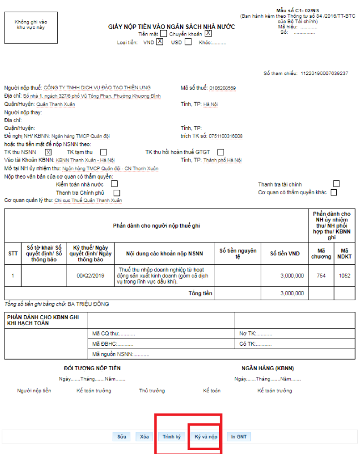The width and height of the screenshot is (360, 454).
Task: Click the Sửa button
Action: pos(121,437)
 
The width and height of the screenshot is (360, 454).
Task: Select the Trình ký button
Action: pos(171,437)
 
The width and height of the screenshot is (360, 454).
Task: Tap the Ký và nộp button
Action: pos(205,437)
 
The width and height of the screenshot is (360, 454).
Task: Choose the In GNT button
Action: pos(239,437)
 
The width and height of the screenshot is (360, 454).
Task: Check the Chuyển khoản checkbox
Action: pos(209,33)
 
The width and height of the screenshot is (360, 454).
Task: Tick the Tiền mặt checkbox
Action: pos(163,33)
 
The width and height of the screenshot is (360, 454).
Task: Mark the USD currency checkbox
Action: pos(188,42)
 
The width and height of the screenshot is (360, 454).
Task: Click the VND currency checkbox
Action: pos(160,42)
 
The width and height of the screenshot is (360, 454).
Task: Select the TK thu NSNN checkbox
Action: pos(48,152)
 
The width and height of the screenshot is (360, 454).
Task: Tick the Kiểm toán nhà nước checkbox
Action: pos(114,184)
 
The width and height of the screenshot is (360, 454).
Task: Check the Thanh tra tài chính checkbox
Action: pos(336,184)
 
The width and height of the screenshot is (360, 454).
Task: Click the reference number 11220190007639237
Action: pos(324,73)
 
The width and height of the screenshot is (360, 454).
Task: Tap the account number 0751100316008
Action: pos(226,136)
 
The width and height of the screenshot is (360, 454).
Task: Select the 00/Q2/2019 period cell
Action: pos(90,275)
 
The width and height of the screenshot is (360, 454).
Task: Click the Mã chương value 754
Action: pos(321,275)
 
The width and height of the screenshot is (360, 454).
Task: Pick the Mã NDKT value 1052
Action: pos(344,275)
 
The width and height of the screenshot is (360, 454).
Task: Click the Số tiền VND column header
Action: pos(285,254)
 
